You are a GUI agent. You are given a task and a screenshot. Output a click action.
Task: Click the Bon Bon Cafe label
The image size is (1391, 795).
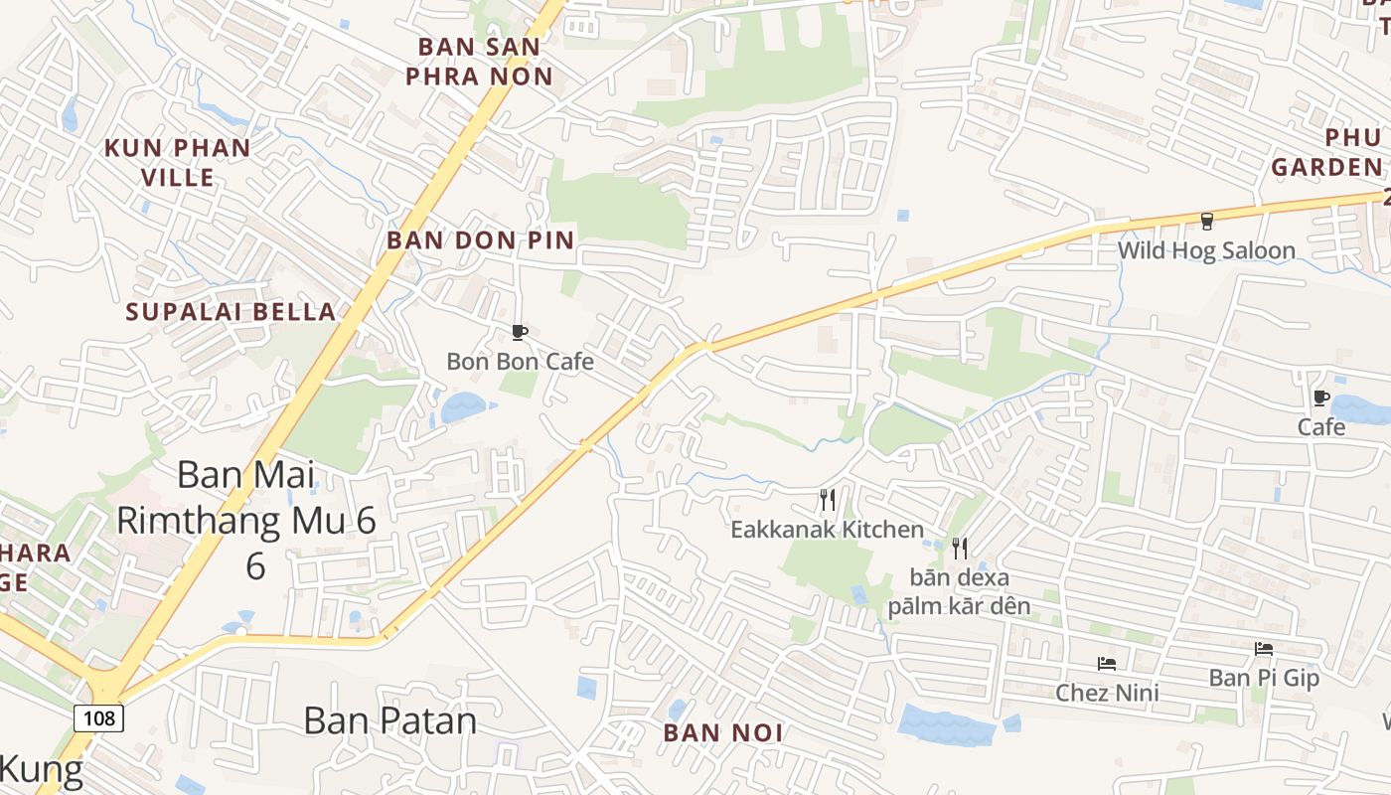coord(520,362)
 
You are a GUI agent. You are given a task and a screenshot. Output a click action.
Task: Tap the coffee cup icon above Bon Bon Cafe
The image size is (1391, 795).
coord(519,332)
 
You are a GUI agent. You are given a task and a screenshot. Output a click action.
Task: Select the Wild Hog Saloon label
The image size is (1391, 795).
coord(1206,250)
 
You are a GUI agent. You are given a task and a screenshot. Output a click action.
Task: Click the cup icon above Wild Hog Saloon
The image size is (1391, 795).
coord(1207,221)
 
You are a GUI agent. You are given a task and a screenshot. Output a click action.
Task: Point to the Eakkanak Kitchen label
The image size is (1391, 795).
coord(827,530)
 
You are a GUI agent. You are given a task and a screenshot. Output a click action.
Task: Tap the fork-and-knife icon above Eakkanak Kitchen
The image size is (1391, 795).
coord(827,499)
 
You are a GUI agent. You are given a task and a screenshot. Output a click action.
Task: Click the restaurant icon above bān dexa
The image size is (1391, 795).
coord(959,548)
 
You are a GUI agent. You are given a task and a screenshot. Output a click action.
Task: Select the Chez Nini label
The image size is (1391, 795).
coord(1107,693)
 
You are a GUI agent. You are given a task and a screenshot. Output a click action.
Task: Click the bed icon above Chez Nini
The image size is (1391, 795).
coord(1107,663)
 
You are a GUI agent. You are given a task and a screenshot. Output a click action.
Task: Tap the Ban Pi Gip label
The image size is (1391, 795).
coord(1264,678)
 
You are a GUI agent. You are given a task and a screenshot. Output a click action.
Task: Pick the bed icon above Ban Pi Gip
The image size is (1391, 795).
coord(1264,648)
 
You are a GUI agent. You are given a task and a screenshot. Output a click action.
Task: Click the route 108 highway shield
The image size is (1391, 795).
coord(98,717)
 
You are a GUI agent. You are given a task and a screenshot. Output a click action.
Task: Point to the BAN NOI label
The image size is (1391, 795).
coord(723,733)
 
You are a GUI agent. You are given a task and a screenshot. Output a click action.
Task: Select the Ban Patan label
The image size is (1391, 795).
coord(389,720)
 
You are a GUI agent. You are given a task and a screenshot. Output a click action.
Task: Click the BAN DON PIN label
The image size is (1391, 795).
coord(481,239)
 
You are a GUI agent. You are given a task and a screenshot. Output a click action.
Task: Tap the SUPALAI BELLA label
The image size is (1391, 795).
coord(231,311)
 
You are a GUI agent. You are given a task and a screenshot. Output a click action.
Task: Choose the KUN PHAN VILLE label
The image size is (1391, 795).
coord(178,162)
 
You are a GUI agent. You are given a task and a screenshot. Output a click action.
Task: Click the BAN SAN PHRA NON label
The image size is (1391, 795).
coord(479,61)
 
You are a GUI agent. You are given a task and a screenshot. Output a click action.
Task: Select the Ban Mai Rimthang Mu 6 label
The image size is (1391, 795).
coord(246,520)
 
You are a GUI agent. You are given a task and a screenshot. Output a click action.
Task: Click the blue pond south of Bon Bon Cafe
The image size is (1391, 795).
coord(463,406)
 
